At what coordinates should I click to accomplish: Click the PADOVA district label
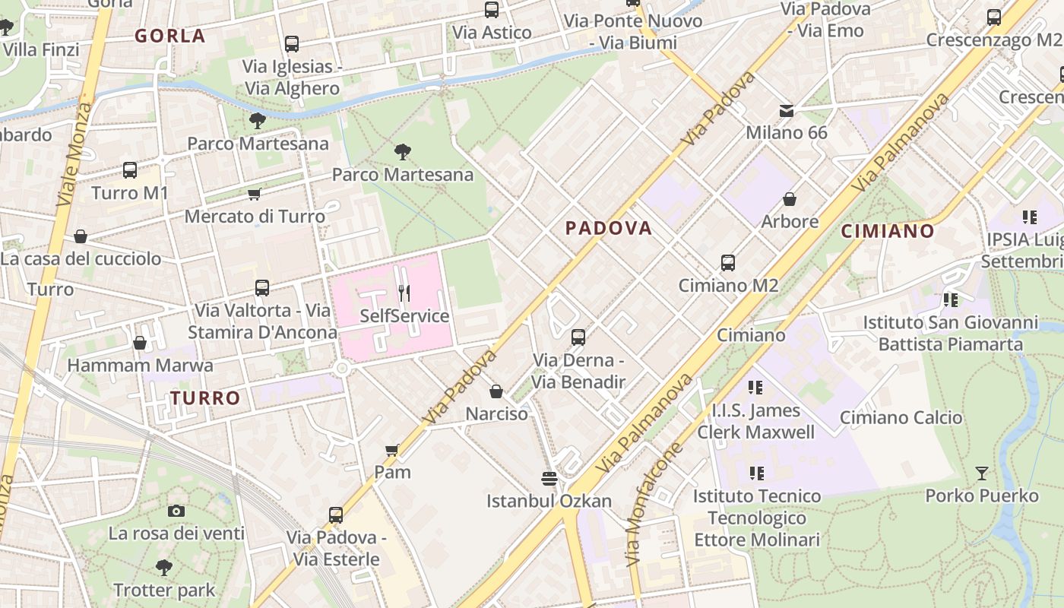click(609, 228)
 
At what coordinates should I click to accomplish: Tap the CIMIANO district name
click(887, 231)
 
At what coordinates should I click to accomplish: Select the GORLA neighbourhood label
click(170, 36)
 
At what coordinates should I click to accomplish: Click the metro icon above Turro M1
click(130, 170)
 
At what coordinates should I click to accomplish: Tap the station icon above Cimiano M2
click(728, 263)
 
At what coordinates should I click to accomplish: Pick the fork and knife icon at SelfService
click(404, 293)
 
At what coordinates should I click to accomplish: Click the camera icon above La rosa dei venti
click(176, 511)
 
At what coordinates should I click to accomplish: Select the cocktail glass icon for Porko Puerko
click(982, 473)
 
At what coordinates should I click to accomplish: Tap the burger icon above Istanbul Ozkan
click(549, 478)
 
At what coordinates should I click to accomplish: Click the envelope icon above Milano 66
click(787, 111)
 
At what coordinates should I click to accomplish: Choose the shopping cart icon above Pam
click(392, 450)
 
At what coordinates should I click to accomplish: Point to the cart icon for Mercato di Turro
click(255, 195)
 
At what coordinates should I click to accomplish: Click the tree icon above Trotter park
click(163, 567)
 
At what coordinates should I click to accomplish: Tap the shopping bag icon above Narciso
click(496, 391)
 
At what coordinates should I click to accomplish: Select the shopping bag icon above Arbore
click(790, 199)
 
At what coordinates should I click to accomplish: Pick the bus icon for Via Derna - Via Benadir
click(578, 337)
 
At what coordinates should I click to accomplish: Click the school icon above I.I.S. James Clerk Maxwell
click(755, 388)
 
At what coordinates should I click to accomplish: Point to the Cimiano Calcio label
click(901, 417)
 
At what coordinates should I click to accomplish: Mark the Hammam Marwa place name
click(141, 366)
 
